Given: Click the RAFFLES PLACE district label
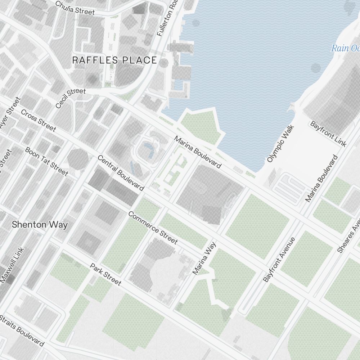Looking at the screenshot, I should click(x=114, y=60).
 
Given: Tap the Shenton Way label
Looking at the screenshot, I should click(x=40, y=225).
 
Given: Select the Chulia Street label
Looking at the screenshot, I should click(x=75, y=8).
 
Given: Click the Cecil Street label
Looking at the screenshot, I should click(x=71, y=98).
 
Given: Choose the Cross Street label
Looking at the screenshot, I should click(x=38, y=120).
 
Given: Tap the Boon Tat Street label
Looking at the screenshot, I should click(x=46, y=161).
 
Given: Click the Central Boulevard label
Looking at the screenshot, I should click(x=121, y=173).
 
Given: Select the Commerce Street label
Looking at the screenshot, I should click(x=153, y=228).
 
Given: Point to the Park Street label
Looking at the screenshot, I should click(x=105, y=274).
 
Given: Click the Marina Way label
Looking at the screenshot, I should click(x=204, y=258).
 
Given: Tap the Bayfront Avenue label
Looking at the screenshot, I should click(x=279, y=259).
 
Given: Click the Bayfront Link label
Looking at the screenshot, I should click(x=328, y=134).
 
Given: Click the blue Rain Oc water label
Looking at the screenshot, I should click(x=345, y=48).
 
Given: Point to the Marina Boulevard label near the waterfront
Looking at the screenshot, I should click(x=197, y=152).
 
